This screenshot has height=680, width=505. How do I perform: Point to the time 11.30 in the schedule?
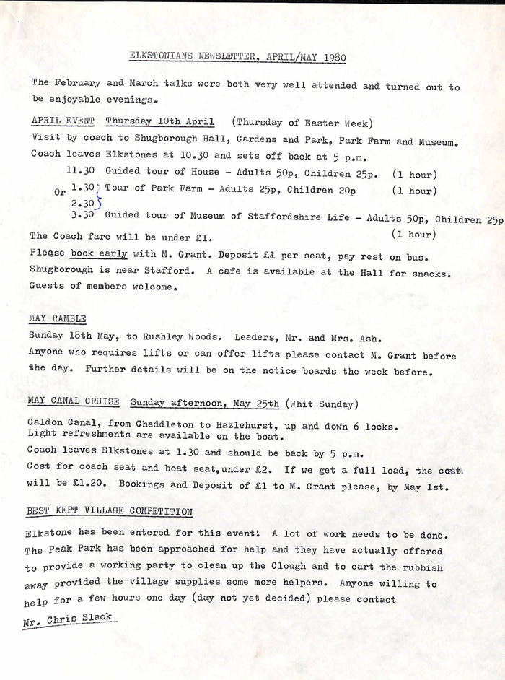coord(80,173)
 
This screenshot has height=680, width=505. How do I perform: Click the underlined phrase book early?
coord(99,253)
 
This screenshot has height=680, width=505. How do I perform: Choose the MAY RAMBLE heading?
coord(57,318)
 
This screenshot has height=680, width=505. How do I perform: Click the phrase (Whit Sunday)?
coord(322,403)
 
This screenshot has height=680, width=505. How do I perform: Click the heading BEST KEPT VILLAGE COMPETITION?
coord(109,511)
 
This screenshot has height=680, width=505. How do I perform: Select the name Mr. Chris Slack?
coord(69,619)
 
